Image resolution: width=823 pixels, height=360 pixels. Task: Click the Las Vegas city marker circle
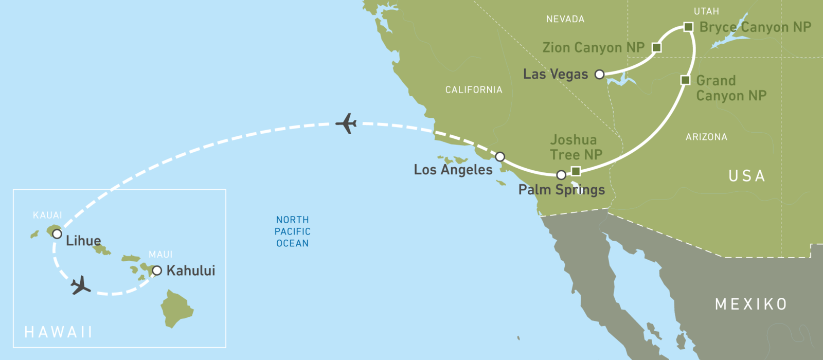tap(599, 74)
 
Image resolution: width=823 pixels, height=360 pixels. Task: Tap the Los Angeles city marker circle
tap(500, 156)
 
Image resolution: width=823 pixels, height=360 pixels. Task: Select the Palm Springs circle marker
tap(561, 175)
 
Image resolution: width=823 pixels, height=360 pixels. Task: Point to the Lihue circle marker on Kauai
tap(57, 234)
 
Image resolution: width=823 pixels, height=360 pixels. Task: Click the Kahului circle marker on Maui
tap(157, 271)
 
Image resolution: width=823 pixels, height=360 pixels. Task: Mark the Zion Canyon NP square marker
tap(656, 47)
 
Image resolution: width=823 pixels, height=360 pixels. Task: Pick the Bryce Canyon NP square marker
tap(689, 27)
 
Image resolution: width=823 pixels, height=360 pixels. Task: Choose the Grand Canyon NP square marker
tap(685, 80)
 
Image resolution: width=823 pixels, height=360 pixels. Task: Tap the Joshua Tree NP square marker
tap(576, 171)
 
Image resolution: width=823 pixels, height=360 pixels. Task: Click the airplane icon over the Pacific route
tap(347, 123)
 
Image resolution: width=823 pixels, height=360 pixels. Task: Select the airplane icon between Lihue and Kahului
tap(80, 285)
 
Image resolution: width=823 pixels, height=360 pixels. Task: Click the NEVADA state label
tap(565, 19)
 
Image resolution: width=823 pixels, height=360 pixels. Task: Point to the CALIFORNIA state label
tap(474, 89)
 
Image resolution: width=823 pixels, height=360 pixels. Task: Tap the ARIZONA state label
tap(706, 137)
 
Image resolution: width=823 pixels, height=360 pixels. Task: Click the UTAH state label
tap(706, 11)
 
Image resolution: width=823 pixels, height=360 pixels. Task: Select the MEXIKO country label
tap(751, 304)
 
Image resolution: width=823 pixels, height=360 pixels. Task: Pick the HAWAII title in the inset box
tap(59, 332)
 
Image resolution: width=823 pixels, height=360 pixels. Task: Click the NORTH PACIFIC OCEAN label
tap(292, 231)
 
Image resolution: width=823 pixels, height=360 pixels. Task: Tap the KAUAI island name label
tap(47, 215)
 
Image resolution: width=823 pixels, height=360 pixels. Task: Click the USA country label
tap(747, 176)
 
